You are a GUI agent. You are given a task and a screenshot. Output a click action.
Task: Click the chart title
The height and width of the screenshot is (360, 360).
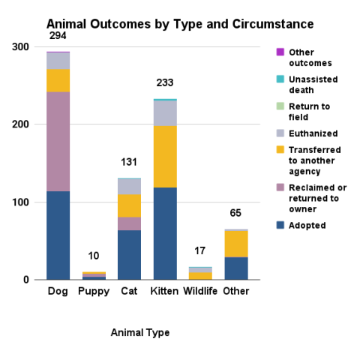pos(180,24)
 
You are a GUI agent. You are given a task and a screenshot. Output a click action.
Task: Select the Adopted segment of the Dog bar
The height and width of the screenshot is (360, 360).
pos(58,235)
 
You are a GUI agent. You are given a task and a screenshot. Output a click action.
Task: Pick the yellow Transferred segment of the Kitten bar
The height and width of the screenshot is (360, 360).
pos(165,156)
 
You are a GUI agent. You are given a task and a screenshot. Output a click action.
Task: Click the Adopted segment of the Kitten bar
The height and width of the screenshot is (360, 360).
pos(165,233)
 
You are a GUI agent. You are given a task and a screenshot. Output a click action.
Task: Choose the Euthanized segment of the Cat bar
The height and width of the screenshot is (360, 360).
pos(129,186)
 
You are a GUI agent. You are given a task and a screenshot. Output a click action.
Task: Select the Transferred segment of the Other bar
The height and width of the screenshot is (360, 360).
pos(236,243)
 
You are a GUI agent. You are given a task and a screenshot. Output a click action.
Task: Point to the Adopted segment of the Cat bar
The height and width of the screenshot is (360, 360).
pos(129,254)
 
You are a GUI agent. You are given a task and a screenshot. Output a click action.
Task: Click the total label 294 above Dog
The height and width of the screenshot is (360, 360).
pos(58,36)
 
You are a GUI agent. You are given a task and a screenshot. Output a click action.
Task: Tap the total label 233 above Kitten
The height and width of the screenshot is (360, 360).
pos(165,83)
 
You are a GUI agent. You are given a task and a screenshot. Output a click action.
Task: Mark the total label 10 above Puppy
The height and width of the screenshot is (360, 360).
pos(94,256)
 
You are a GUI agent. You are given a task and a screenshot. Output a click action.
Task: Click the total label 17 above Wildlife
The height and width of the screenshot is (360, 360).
pos(200,251)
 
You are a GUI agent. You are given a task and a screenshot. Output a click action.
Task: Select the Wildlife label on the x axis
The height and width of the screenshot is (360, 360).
pos(200,291)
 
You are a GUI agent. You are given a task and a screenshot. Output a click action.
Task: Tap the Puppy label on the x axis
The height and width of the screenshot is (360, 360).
pos(94,291)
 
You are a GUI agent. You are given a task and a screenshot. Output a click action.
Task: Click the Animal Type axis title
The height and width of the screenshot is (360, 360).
pos(140,332)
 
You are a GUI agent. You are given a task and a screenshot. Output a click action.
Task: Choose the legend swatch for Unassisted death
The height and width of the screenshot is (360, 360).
pos(280,79)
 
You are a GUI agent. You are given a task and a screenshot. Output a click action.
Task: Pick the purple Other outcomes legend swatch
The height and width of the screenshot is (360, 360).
pos(280,52)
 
